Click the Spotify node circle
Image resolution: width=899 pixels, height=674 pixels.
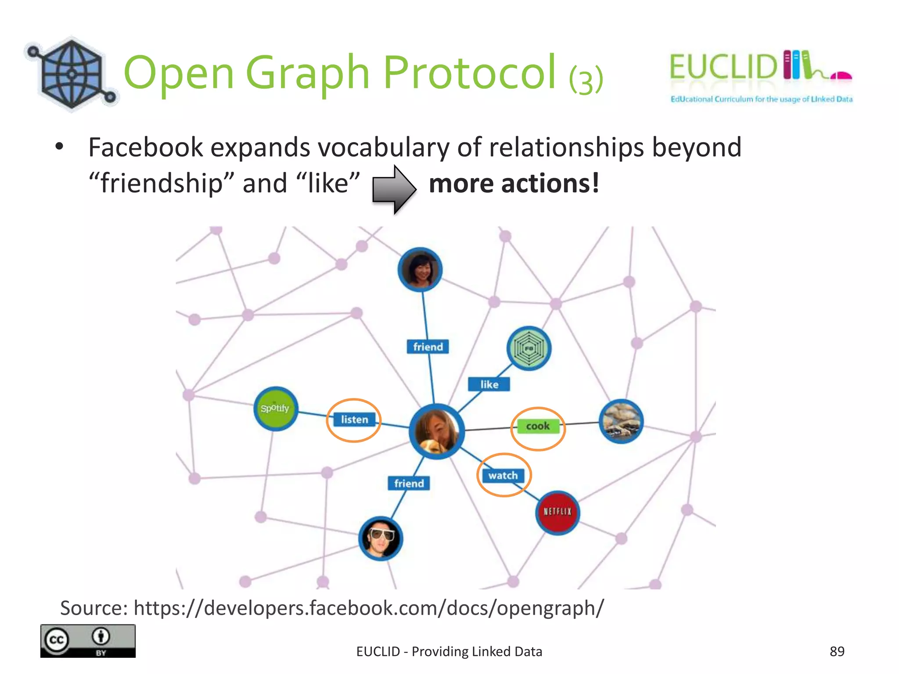pos(276,409)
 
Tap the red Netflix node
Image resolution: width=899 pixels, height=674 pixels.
pos(557,512)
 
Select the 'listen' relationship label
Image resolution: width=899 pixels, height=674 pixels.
pos(355,419)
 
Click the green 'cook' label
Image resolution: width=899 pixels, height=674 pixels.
pos(538,426)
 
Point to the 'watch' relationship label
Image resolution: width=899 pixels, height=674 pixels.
pos(503,476)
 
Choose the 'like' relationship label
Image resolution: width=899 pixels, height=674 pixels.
pos(489,384)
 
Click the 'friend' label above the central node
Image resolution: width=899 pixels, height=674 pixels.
pos(428,347)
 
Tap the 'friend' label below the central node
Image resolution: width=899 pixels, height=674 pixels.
pos(409,483)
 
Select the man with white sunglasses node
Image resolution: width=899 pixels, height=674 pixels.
pos(381,538)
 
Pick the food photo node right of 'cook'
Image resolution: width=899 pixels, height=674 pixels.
pos(621,421)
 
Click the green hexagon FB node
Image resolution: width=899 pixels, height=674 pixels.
pos(529,348)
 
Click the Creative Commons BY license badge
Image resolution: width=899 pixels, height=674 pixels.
pos(88,641)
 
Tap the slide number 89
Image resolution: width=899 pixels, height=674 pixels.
pos(837,651)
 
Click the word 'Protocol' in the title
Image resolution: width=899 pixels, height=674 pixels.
pos(470,72)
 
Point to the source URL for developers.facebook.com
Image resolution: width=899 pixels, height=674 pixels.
pos(369,608)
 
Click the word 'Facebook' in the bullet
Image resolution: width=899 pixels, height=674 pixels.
pos(145,147)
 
